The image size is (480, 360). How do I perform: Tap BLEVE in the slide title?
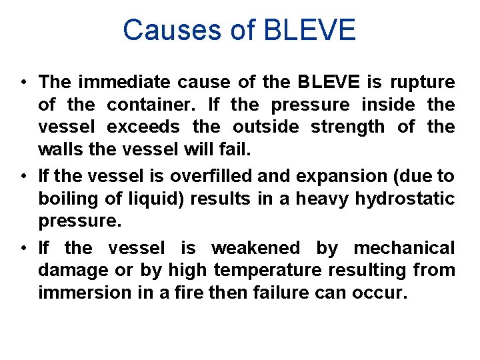pyautogui.click(x=311, y=31)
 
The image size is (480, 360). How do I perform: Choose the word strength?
pyautogui.click(x=342, y=126)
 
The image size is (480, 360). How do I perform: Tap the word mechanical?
pyautogui.click(x=404, y=248)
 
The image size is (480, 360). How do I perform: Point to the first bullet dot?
pyautogui.click(x=23, y=83)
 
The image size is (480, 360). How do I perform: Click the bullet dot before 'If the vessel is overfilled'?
pyautogui.click(x=23, y=177)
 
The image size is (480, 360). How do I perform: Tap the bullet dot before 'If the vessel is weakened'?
pyautogui.click(x=23, y=249)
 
